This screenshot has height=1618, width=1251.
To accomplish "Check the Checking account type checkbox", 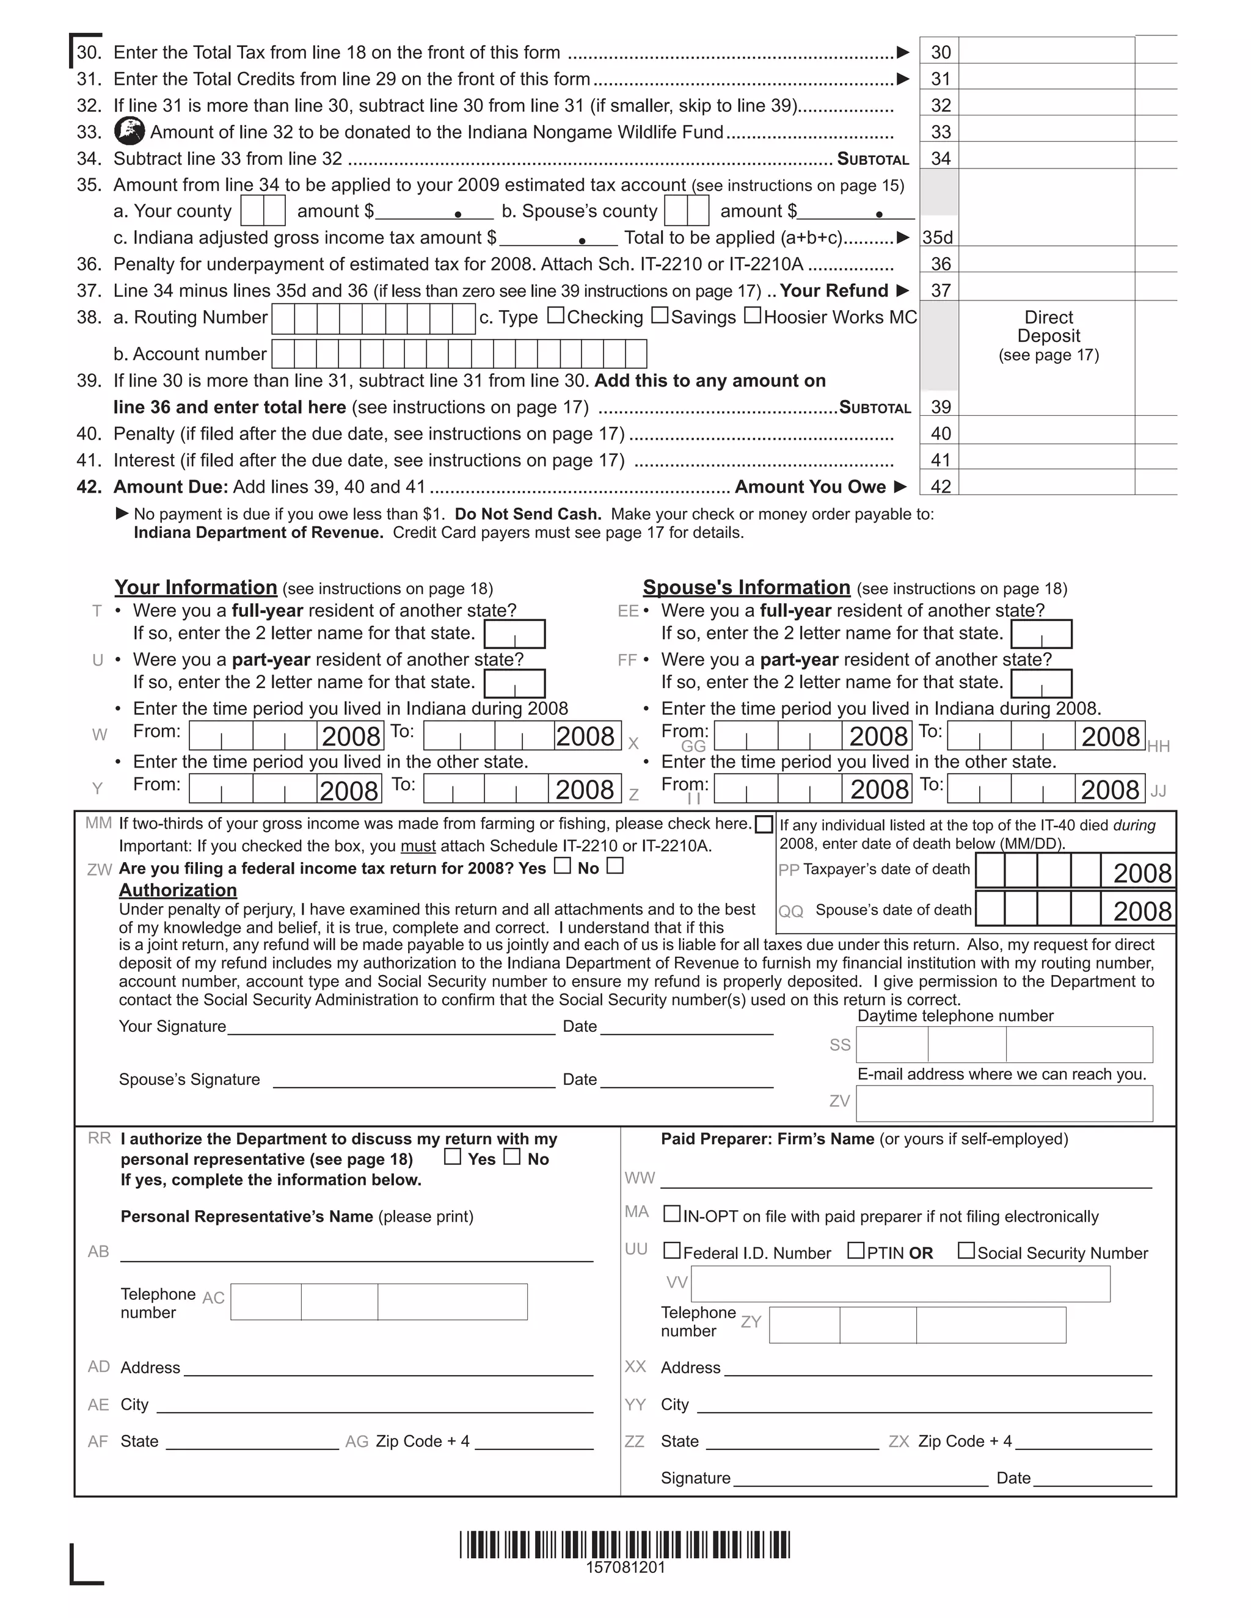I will tap(556, 316).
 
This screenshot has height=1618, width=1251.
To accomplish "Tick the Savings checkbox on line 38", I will tap(660, 316).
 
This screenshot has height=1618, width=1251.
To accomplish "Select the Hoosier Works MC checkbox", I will tap(752, 316).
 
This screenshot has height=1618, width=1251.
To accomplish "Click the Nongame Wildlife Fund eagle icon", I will tap(129, 132).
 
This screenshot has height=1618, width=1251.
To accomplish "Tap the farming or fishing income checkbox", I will tap(764, 824).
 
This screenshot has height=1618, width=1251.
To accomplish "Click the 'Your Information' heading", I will tap(195, 587).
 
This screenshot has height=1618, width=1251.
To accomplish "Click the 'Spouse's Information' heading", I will tap(746, 587).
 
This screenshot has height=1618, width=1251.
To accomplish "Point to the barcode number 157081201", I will tap(625, 1567).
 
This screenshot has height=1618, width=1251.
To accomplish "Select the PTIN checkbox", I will tap(856, 1251).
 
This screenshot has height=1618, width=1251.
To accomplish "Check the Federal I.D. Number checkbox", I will tap(671, 1251).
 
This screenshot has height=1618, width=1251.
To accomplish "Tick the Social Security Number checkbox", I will tap(966, 1251).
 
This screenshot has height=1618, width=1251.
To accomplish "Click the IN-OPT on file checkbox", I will tap(671, 1214).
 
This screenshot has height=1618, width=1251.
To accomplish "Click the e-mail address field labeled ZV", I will tap(1004, 1104).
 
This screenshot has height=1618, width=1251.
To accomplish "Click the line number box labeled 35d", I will tap(938, 237).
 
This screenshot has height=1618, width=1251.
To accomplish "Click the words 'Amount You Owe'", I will tap(810, 487).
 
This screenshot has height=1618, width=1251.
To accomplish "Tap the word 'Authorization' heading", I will tap(178, 890).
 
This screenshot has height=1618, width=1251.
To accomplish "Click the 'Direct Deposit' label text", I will tap(1049, 327).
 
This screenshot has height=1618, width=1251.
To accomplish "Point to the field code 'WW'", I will tap(640, 1178).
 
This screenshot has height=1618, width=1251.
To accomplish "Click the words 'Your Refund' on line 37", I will tap(834, 291).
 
